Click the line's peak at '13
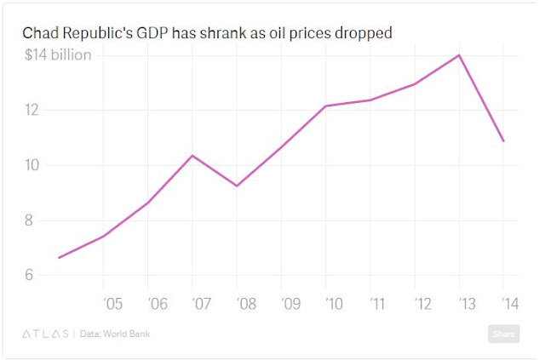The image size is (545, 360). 460,55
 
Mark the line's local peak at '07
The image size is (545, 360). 192,156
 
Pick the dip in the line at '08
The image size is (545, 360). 237,186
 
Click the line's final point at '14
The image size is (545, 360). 503,140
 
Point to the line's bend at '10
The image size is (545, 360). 326,106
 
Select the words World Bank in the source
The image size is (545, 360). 132,334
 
